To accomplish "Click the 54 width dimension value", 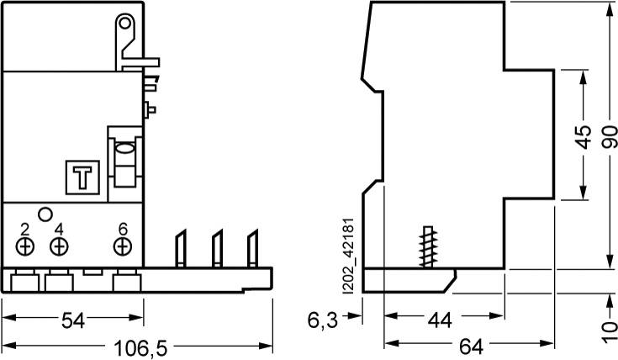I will (x=73, y=319).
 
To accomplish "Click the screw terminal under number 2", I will (x=25, y=246).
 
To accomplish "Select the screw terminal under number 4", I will (x=58, y=246).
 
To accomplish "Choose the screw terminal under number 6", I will (x=123, y=246).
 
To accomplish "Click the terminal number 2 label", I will (x=25, y=229).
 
